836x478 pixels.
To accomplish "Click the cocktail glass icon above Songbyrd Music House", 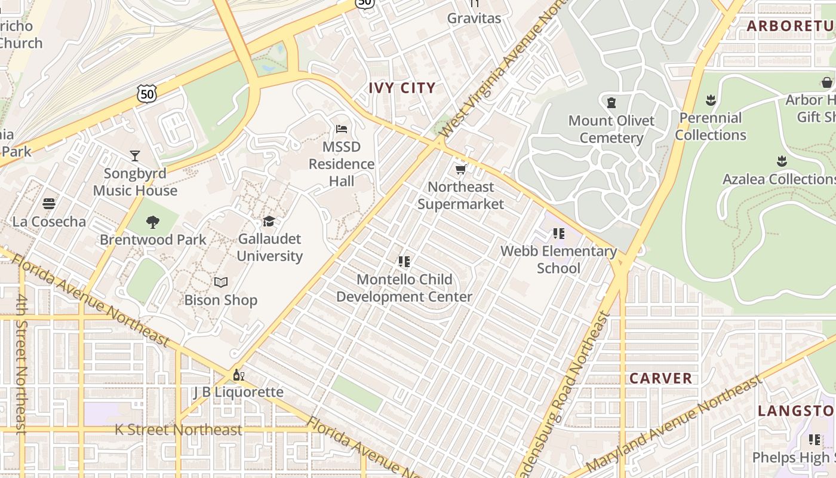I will coord(135,156).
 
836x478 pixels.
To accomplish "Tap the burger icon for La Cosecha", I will coord(49,204).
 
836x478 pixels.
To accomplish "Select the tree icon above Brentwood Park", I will coord(153,222).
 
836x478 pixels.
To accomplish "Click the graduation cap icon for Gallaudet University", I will coord(269,221).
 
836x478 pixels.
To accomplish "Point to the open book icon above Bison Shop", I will coord(221,282).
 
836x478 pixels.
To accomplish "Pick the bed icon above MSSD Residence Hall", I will coord(342,129).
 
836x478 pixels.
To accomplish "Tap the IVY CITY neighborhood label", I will coord(402,88).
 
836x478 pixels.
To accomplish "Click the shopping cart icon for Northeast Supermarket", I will coord(460,170).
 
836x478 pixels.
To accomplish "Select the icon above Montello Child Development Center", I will coord(404,262).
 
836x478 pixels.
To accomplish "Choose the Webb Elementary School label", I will coord(558,259).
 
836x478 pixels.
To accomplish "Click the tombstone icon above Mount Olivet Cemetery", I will coord(611,103).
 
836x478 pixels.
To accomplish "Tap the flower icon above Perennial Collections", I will coord(711,100).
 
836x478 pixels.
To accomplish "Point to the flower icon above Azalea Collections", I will coord(782,161).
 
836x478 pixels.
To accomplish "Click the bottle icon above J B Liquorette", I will coord(238,375).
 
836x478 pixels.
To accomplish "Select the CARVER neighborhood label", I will coord(661,378).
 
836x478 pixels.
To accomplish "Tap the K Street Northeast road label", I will coord(179,430).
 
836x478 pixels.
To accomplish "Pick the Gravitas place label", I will coord(474,18).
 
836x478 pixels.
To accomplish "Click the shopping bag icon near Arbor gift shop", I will coord(827,82).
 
